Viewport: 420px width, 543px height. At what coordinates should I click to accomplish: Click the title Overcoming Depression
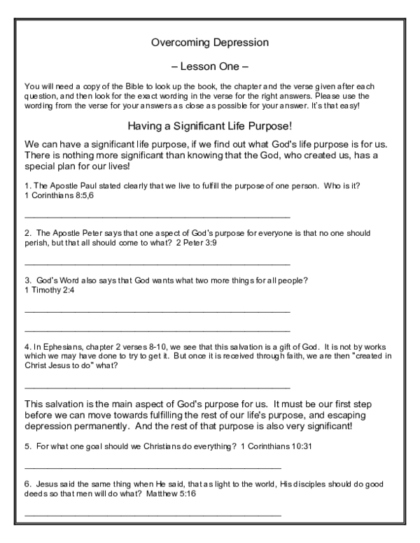tap(210, 42)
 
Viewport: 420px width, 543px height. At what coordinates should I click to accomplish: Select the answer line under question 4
tap(157, 386)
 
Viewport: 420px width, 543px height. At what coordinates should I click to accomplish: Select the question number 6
tap(27, 484)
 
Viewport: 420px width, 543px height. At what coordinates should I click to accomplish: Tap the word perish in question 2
tap(36, 243)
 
